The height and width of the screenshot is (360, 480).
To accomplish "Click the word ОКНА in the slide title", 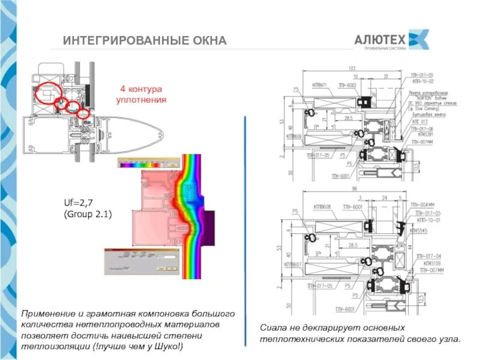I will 206,41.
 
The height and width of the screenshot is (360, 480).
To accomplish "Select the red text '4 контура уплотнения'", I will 140,94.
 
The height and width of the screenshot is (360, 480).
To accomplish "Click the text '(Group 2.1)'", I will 87,214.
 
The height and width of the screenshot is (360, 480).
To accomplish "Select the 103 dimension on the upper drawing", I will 352,68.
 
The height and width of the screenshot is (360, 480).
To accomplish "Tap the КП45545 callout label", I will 418,230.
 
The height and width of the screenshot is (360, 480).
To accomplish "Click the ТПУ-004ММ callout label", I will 421,206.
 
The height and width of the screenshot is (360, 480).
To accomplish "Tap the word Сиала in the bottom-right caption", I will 272,328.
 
